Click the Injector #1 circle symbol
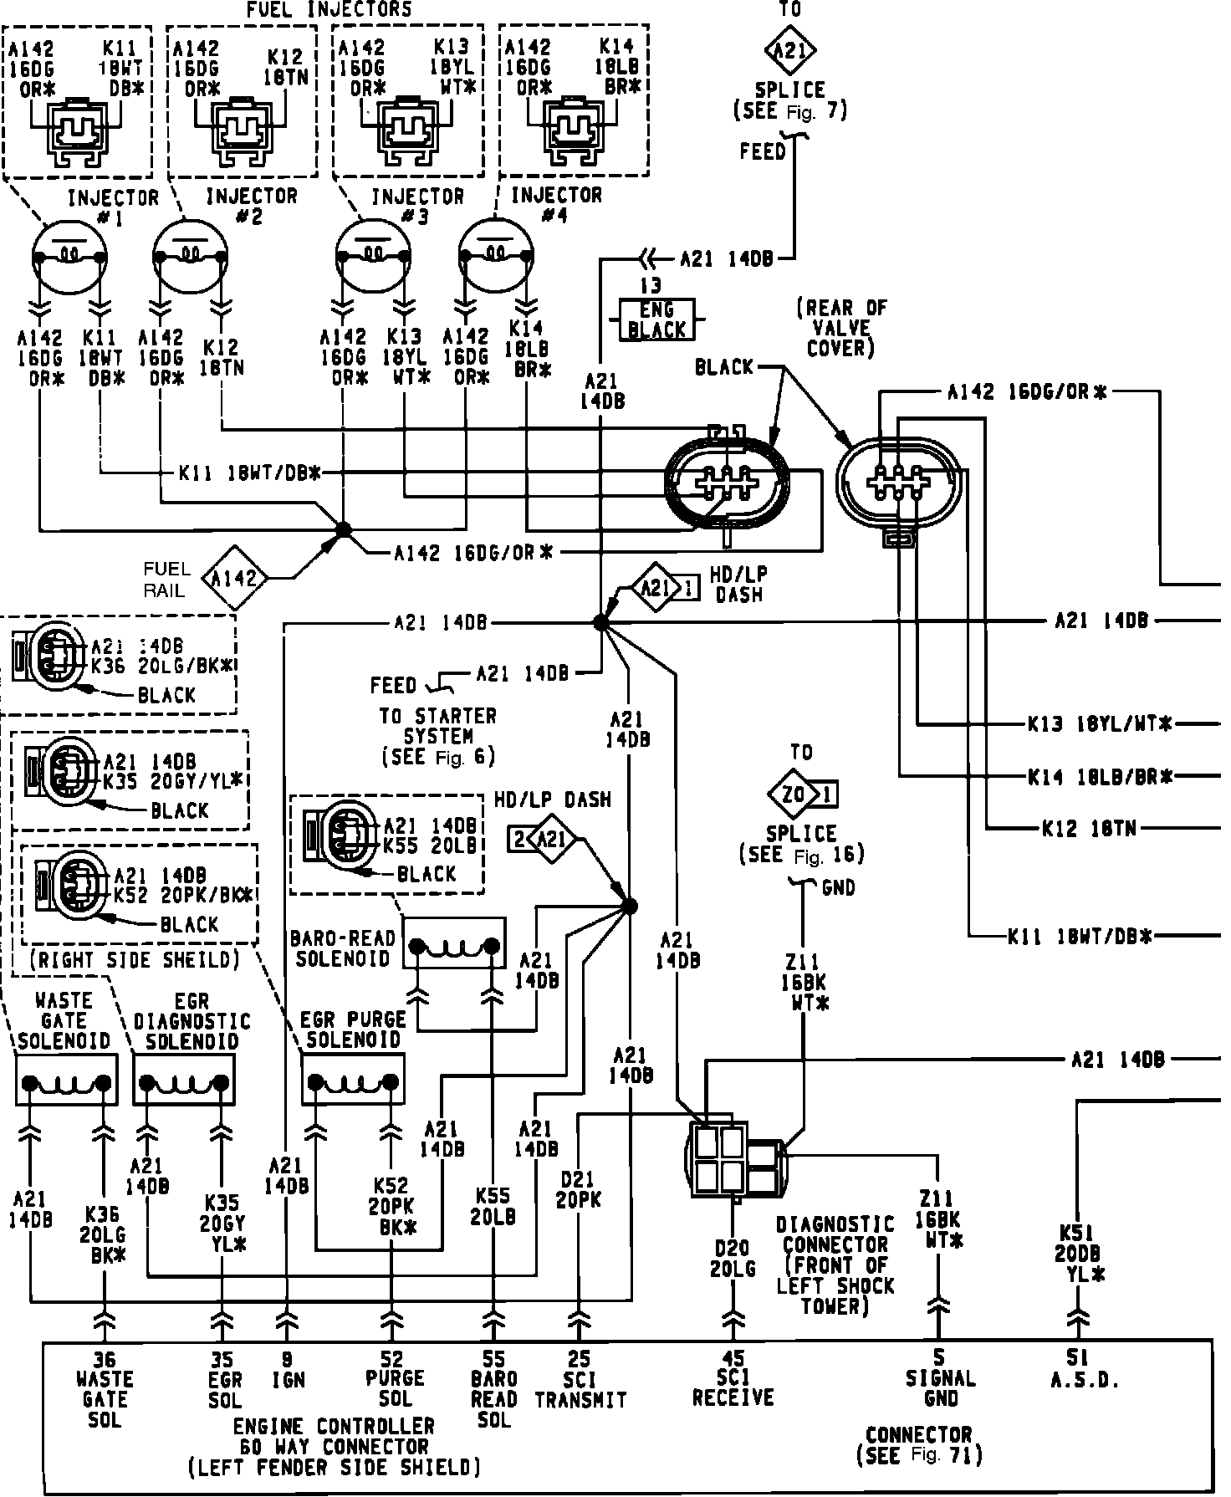point(69,255)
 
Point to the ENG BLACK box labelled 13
point(656,319)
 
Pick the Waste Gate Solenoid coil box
point(67,1080)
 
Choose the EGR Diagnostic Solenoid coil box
point(185,1080)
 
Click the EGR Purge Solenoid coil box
point(353,1080)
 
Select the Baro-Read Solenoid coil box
point(455,943)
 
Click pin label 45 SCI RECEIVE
point(733,1379)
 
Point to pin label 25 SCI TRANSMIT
point(580,1379)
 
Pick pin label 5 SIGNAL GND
point(940,1379)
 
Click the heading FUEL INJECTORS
point(329,10)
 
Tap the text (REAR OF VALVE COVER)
point(840,328)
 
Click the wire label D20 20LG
point(733,1259)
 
